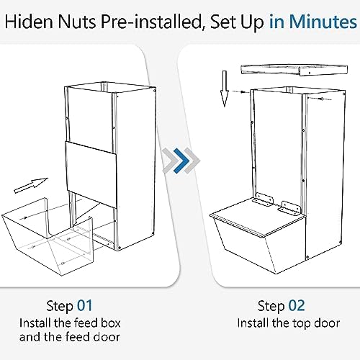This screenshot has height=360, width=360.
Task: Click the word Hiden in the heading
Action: [28, 22]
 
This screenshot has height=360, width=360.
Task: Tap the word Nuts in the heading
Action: [77, 22]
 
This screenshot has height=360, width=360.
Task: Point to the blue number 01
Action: [85, 306]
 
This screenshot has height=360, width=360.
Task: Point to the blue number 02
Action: [297, 306]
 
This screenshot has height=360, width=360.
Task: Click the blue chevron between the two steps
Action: [181, 161]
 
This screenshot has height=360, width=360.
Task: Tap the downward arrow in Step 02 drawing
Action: [225, 89]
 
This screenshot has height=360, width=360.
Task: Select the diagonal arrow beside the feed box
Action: [31, 186]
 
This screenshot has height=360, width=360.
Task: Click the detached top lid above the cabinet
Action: [294, 70]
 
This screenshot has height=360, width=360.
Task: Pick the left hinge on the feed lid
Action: [264, 199]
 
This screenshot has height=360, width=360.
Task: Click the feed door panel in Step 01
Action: [91, 174]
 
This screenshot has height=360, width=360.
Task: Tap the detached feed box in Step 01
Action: [48, 236]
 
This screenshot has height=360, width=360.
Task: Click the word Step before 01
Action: [60, 306]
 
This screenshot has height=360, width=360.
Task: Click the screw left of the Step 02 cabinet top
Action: [243, 91]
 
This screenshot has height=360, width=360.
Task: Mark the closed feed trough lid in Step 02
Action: [258, 217]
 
